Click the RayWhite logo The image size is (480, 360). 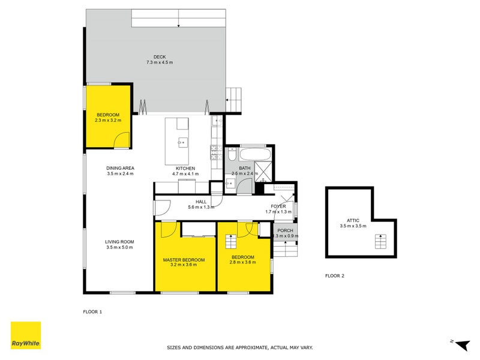[26, 335]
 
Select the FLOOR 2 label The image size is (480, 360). [334, 276]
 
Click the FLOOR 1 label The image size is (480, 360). [92, 312]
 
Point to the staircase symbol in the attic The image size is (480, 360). [379, 241]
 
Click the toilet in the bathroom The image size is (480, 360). [232, 155]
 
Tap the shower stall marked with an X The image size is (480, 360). [263, 169]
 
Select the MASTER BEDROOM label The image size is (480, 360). [184, 260]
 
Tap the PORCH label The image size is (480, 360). [284, 230]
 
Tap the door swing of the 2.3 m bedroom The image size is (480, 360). [122, 139]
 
